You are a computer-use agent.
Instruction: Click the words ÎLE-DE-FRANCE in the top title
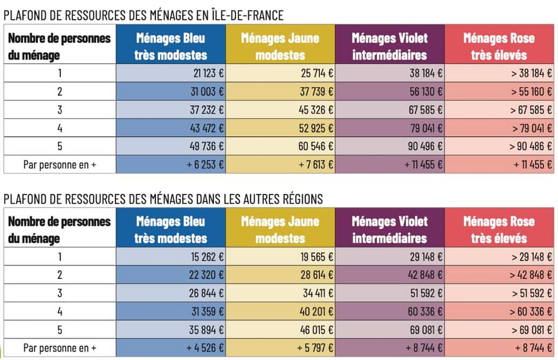[x=246, y=15]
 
